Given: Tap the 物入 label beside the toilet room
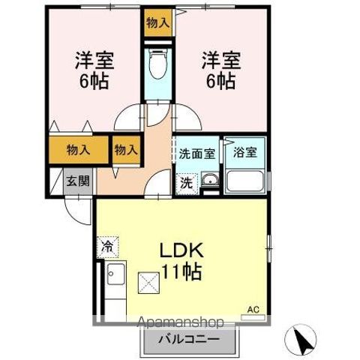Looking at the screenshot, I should [157, 22].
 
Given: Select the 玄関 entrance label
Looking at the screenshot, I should [77, 181].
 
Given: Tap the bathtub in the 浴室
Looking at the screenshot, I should [246, 181].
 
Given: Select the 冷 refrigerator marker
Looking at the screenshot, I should [107, 245].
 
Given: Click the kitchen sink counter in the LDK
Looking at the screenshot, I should [114, 289].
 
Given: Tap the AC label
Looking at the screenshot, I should [253, 307].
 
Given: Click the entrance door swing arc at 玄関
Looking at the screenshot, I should [79, 212].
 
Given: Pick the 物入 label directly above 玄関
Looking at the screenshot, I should [77, 149].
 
